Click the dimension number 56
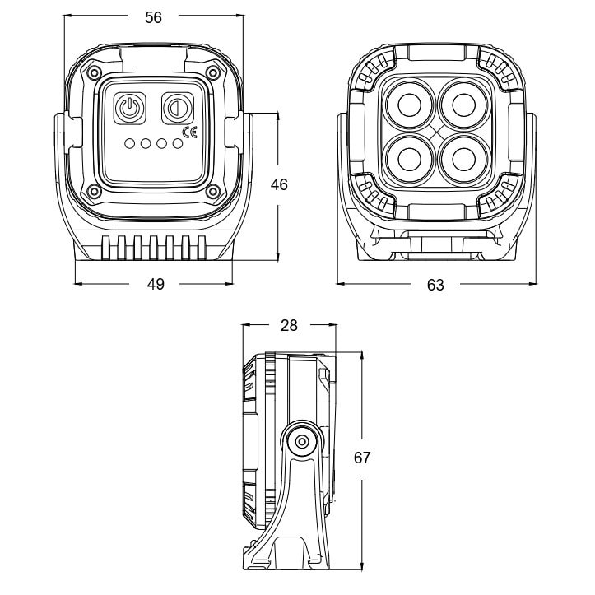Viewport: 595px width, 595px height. [153, 17]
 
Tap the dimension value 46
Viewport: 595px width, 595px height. [279, 184]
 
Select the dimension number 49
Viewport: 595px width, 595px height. [156, 284]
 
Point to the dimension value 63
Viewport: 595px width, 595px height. [435, 285]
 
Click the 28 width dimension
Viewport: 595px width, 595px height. [289, 325]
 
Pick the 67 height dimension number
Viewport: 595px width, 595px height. [361, 458]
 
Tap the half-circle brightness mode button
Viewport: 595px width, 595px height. [178, 108]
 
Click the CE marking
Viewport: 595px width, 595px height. [190, 132]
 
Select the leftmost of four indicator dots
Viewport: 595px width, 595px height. [130, 144]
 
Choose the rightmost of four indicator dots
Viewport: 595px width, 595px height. [178, 144]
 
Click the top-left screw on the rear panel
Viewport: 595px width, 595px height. [93, 73]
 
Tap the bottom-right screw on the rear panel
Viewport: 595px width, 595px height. [213, 191]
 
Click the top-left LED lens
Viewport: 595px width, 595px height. [409, 104]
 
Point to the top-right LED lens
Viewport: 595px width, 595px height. [463, 104]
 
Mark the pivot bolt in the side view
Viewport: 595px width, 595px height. [302, 442]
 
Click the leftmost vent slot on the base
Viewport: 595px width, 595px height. [105, 248]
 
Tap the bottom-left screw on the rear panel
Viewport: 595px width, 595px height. [93, 191]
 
